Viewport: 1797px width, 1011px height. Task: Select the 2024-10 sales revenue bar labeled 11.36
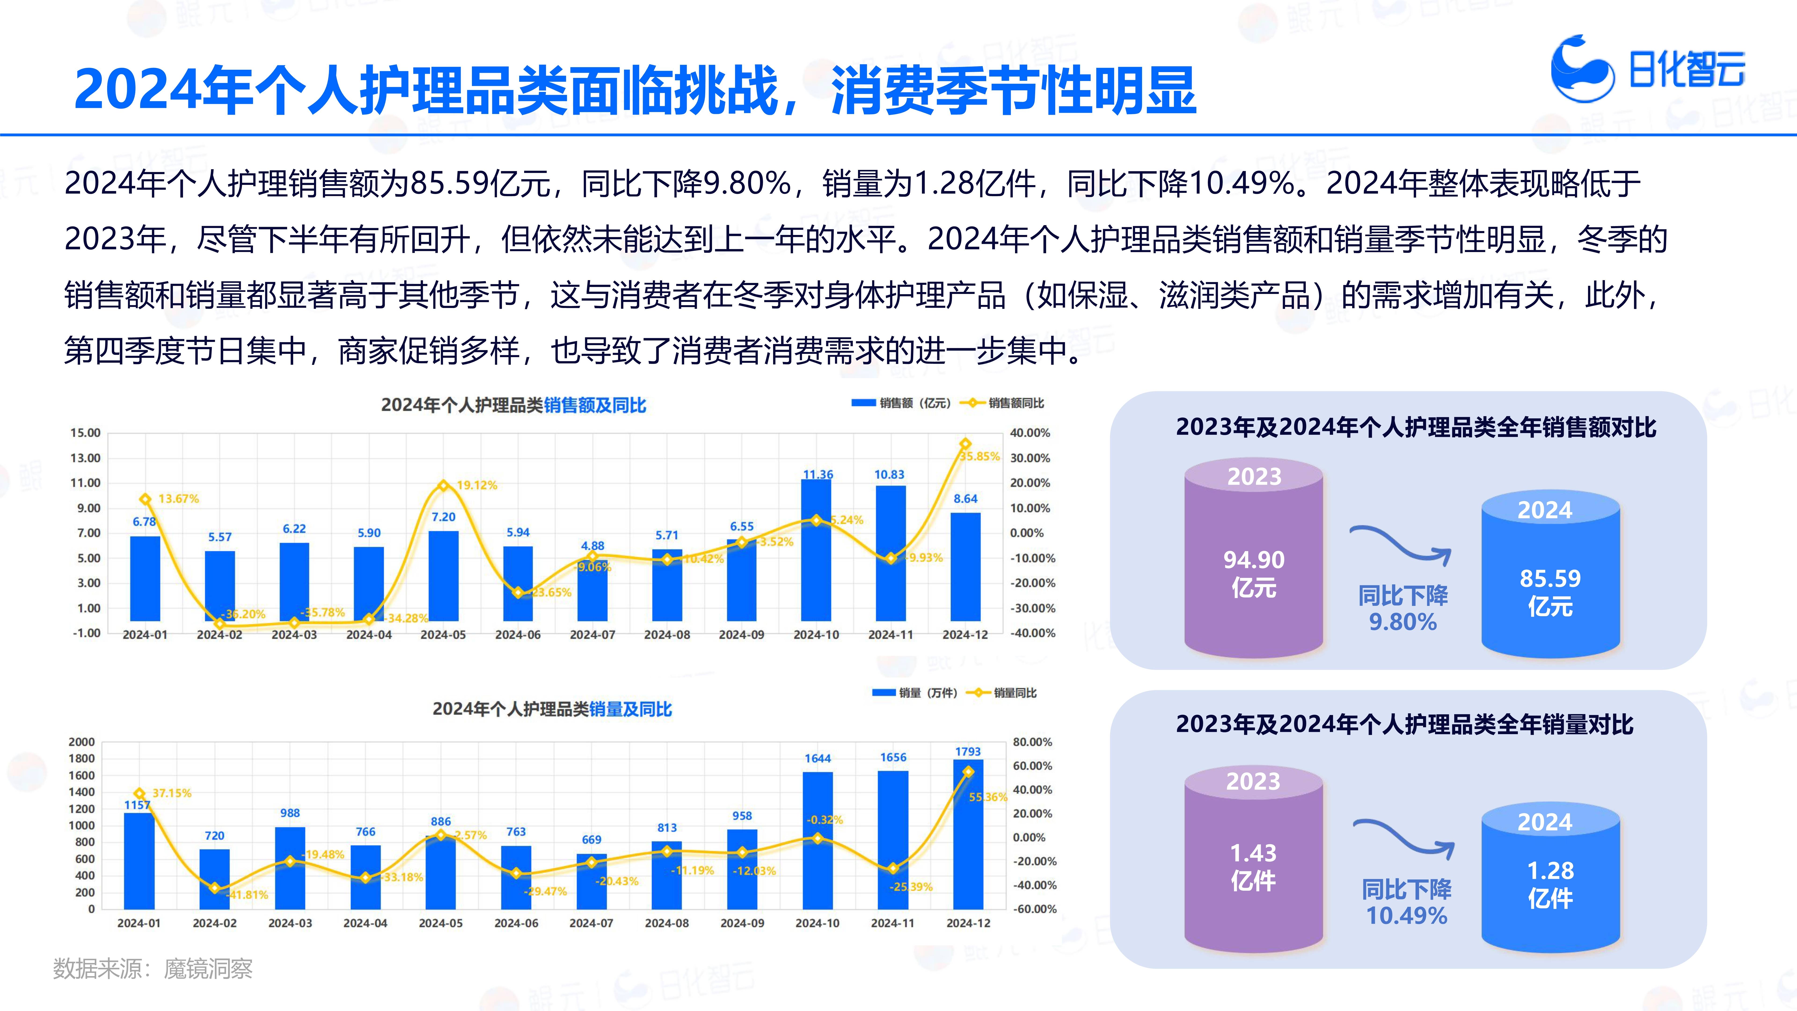pyautogui.click(x=816, y=551)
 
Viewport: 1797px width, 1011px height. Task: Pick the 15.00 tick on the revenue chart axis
pyautogui.click(x=85, y=432)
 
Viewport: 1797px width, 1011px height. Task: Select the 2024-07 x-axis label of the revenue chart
pyautogui.click(x=592, y=635)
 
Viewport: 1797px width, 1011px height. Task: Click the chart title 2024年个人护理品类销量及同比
pyautogui.click(x=552, y=710)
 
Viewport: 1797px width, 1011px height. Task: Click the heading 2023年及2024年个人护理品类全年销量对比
pyautogui.click(x=1404, y=724)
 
